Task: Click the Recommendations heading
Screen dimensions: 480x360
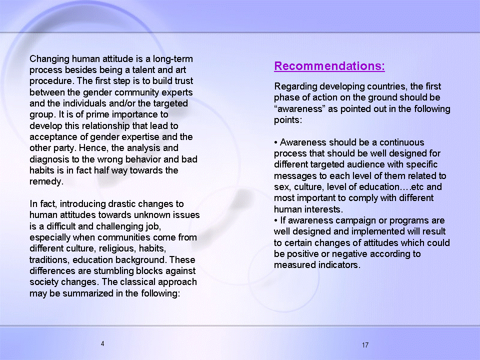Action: pos(329,66)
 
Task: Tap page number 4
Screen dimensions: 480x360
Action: pos(102,344)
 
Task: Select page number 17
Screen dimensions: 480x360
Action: pos(365,345)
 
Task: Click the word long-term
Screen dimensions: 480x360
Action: pos(173,58)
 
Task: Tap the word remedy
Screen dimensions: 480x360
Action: pos(46,182)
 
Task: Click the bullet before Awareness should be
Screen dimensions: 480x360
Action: pos(276,142)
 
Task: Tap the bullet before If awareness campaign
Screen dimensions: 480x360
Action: pos(276,220)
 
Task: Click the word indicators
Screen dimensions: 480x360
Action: pos(339,265)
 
